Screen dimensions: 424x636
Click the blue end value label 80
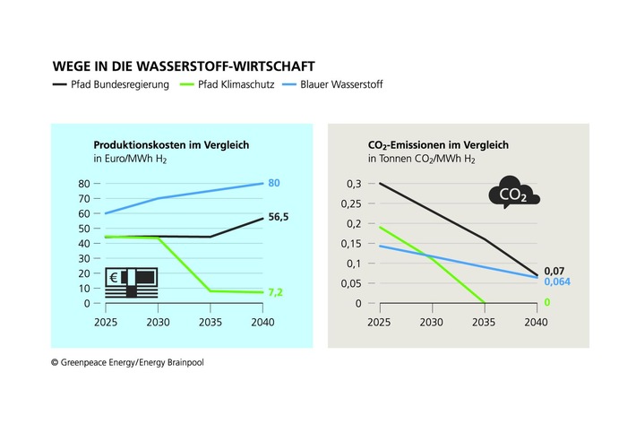pos(275,184)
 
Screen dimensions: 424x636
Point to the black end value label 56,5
pos(281,217)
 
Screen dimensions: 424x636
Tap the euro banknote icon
pos(132,281)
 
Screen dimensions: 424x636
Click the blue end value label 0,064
pos(556,281)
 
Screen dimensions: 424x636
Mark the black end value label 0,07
pos(554,269)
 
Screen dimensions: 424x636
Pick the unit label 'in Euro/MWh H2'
pos(130,160)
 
